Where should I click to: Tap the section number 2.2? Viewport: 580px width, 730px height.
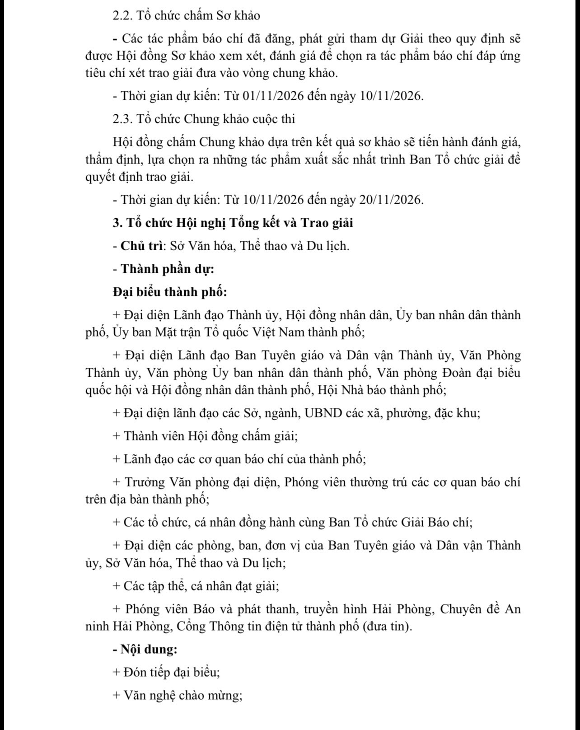(122, 16)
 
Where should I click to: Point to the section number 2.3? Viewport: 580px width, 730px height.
(122, 119)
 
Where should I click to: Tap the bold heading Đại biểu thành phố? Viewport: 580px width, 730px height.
(170, 292)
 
